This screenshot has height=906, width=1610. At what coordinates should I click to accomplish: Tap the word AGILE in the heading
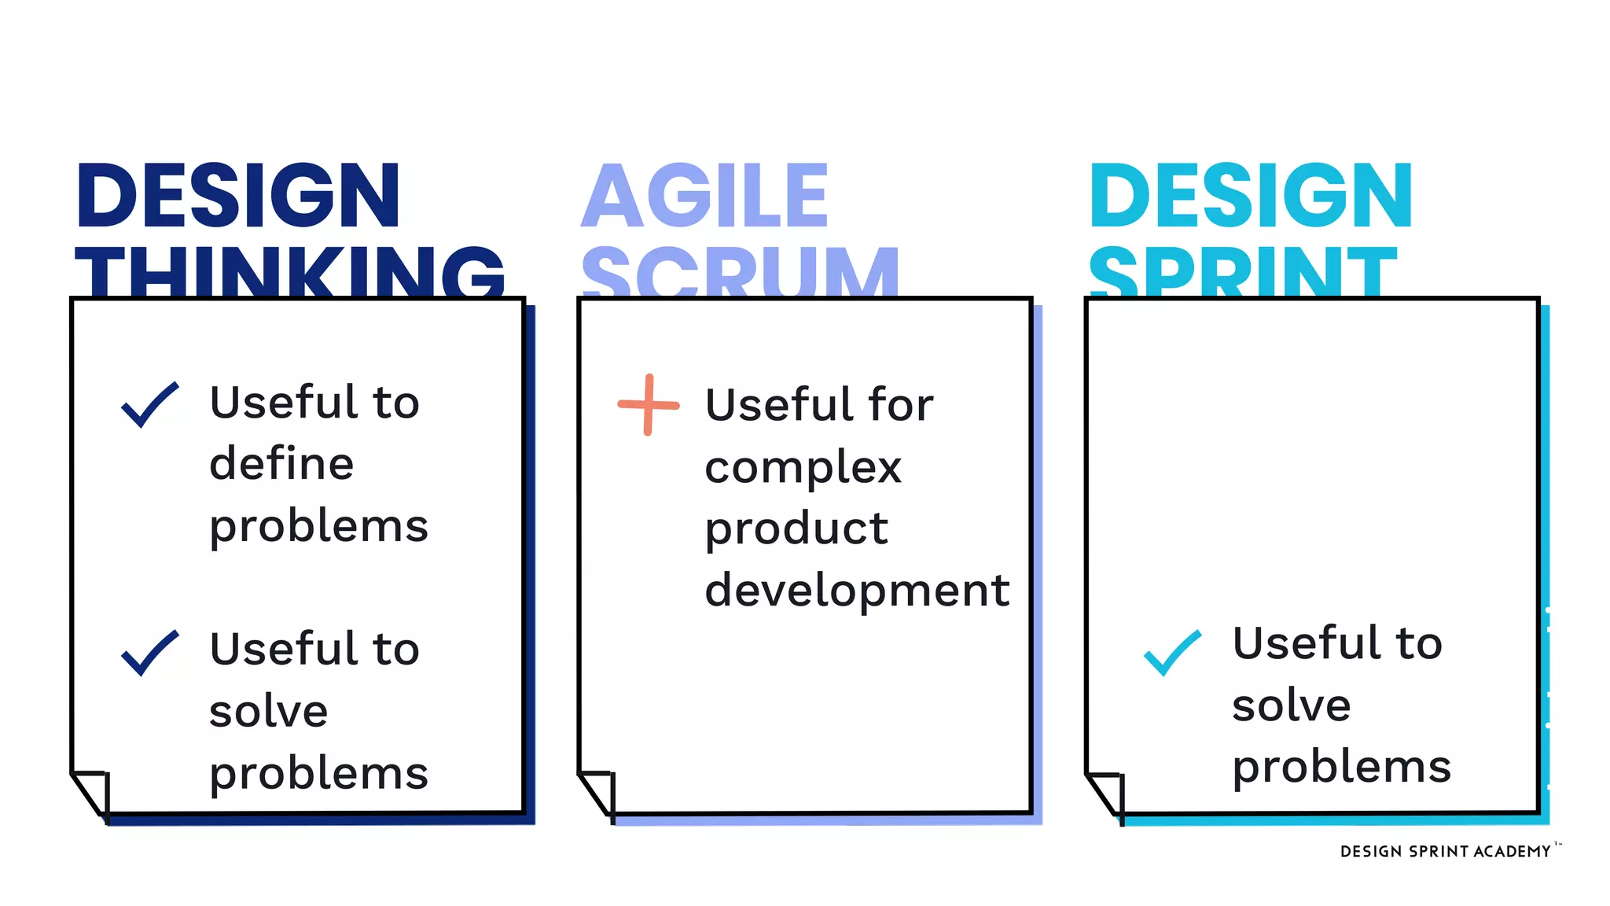coord(705,196)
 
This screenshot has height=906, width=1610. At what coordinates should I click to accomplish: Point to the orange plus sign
coord(648,405)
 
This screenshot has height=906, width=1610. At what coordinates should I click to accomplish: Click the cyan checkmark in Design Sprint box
coord(1171,653)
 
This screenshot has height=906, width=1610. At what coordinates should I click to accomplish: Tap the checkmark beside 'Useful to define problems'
coord(149,405)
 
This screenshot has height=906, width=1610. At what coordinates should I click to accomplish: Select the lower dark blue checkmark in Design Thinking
coord(149,653)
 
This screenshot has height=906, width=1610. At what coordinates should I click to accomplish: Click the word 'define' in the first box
coord(281,463)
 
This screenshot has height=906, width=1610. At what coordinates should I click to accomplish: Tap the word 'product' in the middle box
coord(796,529)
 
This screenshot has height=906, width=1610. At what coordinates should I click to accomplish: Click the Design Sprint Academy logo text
coord(1445,852)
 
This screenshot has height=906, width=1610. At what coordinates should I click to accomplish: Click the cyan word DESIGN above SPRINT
coord(1251,196)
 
